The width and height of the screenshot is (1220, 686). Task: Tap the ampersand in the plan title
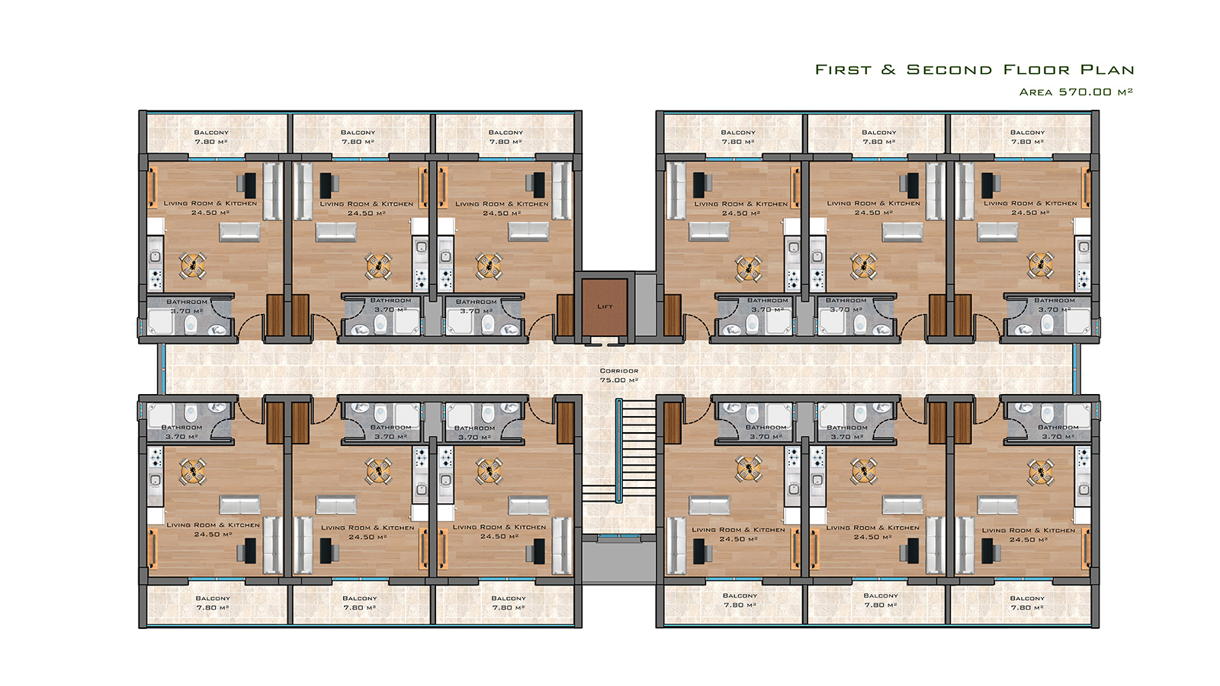point(888,69)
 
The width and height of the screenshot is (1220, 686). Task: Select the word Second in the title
point(949,69)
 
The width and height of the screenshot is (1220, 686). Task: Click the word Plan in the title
point(1108,69)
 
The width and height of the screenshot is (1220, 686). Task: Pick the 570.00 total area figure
point(1085,92)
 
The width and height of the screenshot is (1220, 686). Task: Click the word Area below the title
point(1036,92)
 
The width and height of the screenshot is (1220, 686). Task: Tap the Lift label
point(605,306)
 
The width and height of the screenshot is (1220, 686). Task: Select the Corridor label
point(618,370)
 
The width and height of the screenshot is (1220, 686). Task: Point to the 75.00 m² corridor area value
point(618,380)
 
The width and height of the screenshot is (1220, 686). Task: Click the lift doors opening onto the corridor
point(605,343)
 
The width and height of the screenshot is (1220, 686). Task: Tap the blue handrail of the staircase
point(618,450)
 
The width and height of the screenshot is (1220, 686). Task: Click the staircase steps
point(637,450)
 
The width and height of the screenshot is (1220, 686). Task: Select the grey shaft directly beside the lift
point(646,305)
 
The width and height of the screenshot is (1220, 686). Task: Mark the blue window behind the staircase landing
point(618,537)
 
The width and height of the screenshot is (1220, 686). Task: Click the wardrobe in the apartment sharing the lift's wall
point(565,316)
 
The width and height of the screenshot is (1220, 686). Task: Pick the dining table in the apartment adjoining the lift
point(489,266)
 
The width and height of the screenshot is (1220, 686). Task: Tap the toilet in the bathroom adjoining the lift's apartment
point(488,323)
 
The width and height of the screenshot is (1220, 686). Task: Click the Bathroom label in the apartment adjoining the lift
point(476,302)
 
